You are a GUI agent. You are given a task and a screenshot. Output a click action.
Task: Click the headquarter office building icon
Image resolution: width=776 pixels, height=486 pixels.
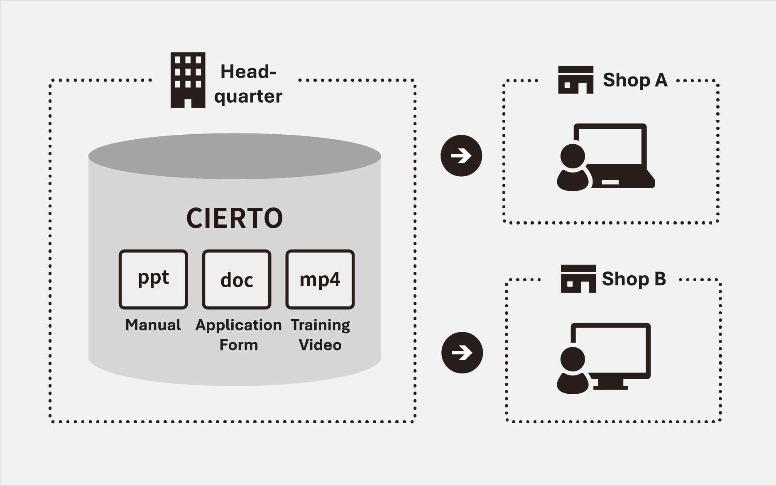(188, 80)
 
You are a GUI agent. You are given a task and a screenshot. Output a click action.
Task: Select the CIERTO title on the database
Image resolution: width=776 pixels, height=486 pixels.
(235, 218)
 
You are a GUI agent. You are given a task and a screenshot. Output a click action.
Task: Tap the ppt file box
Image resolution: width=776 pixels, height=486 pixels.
(153, 279)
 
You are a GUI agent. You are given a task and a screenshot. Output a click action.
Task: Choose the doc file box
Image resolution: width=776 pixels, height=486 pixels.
(237, 279)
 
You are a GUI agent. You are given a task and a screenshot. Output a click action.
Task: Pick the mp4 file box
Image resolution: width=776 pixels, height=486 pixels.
(320, 279)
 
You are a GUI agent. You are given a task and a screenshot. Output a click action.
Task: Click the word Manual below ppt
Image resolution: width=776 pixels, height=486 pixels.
(153, 325)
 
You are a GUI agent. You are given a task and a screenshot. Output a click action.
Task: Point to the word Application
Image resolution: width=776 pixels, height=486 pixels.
(238, 325)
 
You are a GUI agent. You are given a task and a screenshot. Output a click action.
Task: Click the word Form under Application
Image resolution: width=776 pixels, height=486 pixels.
(239, 345)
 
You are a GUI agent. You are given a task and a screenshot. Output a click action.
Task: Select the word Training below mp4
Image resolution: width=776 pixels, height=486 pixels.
(320, 325)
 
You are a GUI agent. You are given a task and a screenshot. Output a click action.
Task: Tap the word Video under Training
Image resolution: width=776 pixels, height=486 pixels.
(320, 345)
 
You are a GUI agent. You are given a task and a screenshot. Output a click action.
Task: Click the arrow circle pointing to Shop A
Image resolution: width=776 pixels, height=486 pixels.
(461, 156)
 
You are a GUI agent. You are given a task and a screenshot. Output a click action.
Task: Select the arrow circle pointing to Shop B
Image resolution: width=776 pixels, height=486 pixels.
(462, 353)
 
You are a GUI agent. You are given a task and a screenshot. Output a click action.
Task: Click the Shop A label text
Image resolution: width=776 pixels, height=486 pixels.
(635, 80)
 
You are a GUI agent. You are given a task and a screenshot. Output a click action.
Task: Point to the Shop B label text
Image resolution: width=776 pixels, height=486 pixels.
(634, 279)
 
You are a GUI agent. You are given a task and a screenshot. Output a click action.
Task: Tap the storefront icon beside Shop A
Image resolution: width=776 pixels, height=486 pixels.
(575, 80)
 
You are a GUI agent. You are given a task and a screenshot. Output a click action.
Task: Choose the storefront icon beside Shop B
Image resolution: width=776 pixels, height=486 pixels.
(578, 279)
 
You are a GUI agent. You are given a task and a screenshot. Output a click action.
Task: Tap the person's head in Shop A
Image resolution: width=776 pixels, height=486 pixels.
(573, 156)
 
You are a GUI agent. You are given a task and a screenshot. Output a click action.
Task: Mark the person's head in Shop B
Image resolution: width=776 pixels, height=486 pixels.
(573, 359)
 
